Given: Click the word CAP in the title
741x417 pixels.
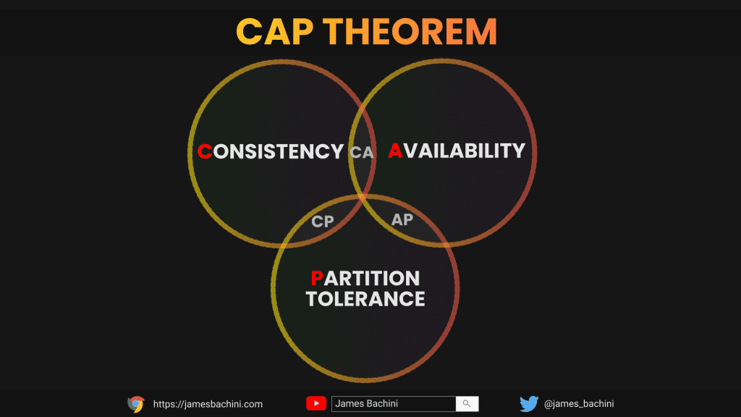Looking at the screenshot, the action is coord(274,32).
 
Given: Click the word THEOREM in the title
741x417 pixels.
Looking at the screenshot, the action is coord(410,32).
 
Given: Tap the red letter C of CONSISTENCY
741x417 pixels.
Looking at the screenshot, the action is coord(205,152).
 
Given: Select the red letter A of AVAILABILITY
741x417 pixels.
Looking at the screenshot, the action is coord(395,151).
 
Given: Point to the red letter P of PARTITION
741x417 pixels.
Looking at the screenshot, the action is coord(317,279).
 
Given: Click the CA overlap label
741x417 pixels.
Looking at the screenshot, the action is coord(362,152).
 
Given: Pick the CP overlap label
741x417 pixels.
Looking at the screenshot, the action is coord(323,222).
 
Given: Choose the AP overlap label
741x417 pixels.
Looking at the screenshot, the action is coord(402,219).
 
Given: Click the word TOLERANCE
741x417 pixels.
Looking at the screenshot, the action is coord(365,299).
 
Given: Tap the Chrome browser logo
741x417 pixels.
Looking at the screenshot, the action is coord(136,404).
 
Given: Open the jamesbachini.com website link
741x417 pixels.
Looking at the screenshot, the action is coord(208,404).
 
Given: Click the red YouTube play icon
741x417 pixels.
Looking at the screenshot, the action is coord(316,403).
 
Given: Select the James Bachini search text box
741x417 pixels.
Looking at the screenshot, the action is coord(394,404).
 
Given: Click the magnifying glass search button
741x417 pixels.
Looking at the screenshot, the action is coord(467,404).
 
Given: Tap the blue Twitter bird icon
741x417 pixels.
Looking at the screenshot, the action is coord(529,404).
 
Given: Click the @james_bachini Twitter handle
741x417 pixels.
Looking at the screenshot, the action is coord(579,404).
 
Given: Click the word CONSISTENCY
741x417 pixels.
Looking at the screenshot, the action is coord(271,152).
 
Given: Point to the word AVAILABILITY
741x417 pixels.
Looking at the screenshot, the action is coord(457,151).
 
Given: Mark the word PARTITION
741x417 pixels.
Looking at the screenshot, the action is coord(365,279).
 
